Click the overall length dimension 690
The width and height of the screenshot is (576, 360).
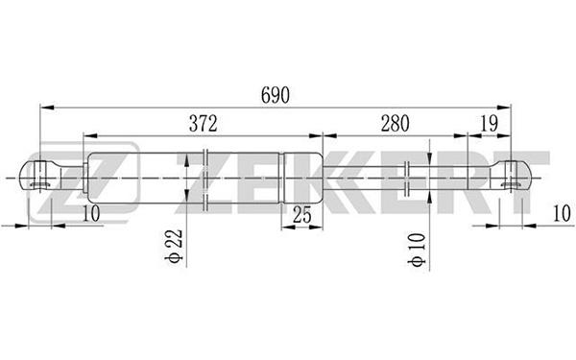point(276,95)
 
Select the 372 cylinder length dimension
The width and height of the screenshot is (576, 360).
point(204,124)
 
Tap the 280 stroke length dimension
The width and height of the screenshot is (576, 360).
point(395,124)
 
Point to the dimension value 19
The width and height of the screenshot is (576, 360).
point(489,124)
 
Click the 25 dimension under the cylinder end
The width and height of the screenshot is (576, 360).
point(302,215)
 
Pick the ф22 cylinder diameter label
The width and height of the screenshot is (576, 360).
point(174,246)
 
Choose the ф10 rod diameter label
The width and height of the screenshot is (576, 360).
point(417,250)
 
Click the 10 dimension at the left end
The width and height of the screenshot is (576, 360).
point(91,213)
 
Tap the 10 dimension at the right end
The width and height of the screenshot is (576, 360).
point(562,213)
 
